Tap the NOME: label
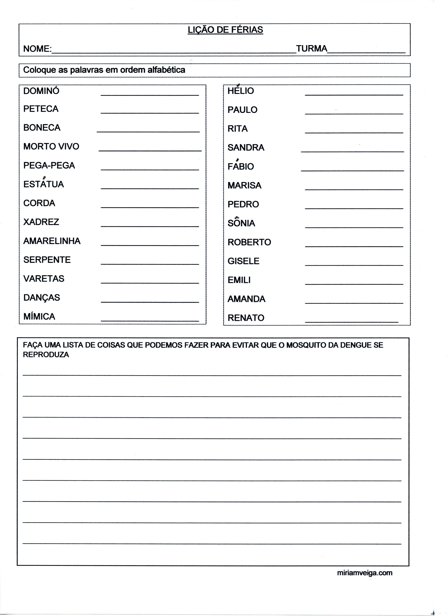(x=37, y=49)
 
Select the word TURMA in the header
(x=311, y=49)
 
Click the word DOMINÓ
(x=41, y=91)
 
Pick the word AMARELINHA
(x=52, y=241)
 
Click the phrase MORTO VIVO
(x=51, y=146)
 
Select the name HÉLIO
(x=241, y=91)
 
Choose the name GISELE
(x=243, y=261)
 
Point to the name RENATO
(x=246, y=318)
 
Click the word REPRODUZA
(x=46, y=355)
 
